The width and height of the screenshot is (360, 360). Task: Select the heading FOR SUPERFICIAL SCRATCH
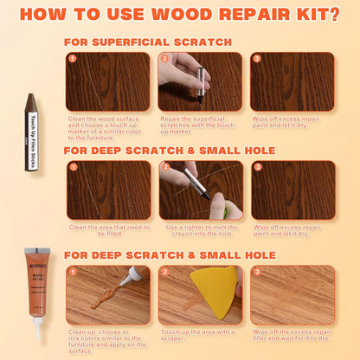tap(147, 42)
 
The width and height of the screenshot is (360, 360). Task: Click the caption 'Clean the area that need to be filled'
tap(107, 231)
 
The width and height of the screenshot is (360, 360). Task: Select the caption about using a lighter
tap(200, 231)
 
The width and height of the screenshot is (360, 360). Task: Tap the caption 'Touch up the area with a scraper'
tap(200, 335)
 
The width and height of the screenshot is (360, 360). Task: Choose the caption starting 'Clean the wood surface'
tap(107, 129)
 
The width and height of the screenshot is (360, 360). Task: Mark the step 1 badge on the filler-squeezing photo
tap(73, 271)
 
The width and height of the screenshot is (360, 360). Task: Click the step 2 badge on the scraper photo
tap(164, 271)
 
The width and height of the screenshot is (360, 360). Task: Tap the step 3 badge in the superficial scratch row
tap(256, 58)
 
